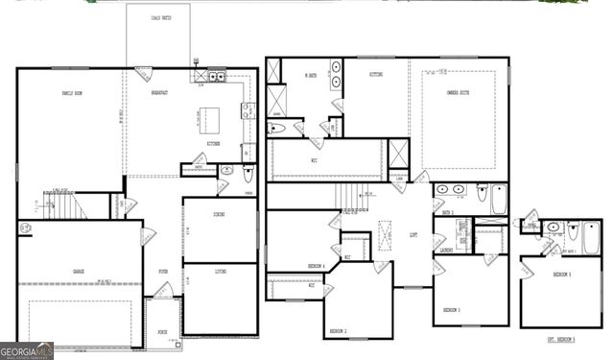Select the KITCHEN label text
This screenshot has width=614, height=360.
(212, 144)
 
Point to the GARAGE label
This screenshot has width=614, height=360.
(77, 272)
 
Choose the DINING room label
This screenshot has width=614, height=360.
(220, 215)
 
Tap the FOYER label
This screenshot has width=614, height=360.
(163, 272)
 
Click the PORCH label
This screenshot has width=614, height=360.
(163, 332)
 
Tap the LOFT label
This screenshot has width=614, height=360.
(413, 234)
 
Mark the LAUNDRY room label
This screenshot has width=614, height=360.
(446, 251)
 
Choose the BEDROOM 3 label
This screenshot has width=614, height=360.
(453, 310)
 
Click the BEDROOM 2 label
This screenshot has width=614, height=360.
(339, 329)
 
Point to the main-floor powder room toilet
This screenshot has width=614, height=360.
(248, 174)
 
